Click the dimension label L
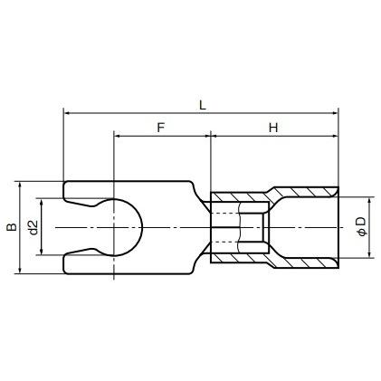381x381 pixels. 202,104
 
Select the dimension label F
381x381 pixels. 161,128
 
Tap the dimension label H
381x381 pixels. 272,128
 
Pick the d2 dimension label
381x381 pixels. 33,227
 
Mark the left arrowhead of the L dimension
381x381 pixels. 68,114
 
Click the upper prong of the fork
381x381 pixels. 86,189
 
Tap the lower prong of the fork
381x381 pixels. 86,262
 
